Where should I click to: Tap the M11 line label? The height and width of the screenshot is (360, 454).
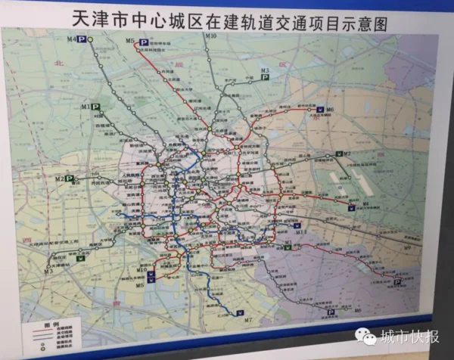click(x=300, y=235)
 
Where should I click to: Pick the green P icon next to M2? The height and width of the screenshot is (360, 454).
click(x=70, y=178)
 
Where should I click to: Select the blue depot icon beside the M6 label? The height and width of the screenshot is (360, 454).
click(x=319, y=110)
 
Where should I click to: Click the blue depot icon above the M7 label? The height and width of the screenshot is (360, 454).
click(x=241, y=311)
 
